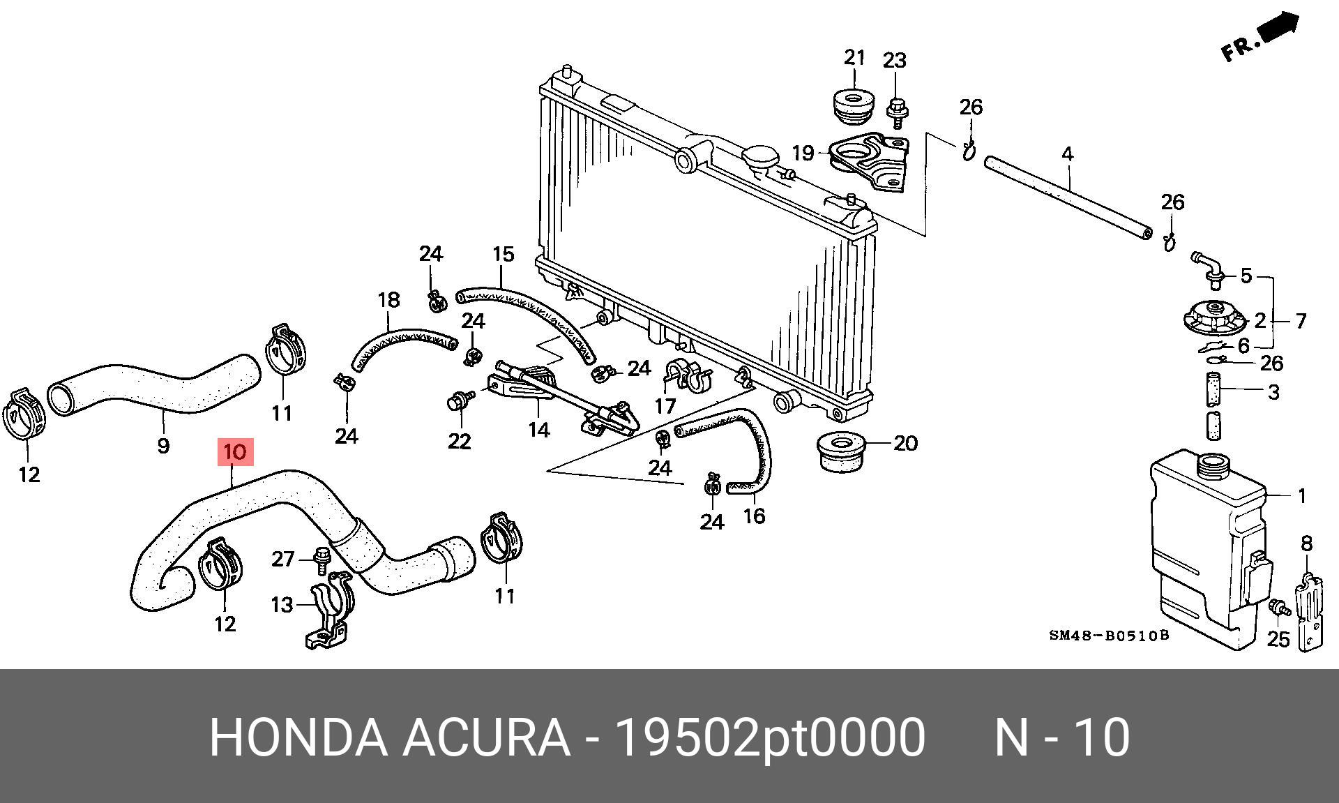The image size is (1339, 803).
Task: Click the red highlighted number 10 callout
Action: pyautogui.click(x=236, y=452)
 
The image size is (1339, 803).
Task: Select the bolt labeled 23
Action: pyautogui.click(x=897, y=111)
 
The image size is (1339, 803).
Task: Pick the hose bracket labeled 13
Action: pyautogui.click(x=328, y=614)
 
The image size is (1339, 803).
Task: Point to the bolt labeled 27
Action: pyautogui.click(x=321, y=560)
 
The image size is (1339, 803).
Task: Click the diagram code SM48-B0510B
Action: pyautogui.click(x=1108, y=636)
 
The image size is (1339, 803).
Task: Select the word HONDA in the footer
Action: pyautogui.click(x=297, y=737)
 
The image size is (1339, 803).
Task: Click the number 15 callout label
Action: pyautogui.click(x=503, y=254)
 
